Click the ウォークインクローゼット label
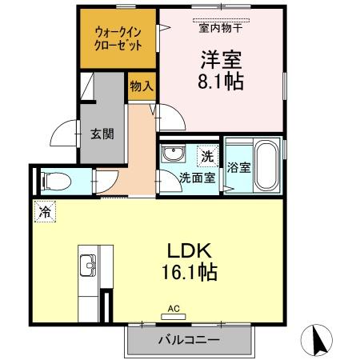tap(118, 38)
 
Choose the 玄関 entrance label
tap(102, 134)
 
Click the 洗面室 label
tap(197, 178)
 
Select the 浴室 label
tap(238, 167)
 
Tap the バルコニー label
tap(188, 340)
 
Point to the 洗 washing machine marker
tap(206, 156)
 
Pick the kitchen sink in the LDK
tap(89, 265)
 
